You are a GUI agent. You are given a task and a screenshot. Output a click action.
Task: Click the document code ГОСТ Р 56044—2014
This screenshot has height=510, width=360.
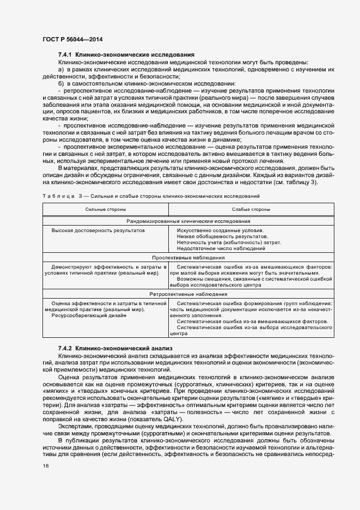[x=72, y=39]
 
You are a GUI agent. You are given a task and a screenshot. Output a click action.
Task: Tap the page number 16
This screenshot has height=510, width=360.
[x=45, y=465]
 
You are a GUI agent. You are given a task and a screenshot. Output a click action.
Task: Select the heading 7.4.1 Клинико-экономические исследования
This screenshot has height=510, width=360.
[x=126, y=55]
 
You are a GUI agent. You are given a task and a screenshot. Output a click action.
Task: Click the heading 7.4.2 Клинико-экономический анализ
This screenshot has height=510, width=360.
[x=115, y=347]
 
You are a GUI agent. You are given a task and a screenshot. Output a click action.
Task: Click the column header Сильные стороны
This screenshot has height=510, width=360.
[x=106, y=209]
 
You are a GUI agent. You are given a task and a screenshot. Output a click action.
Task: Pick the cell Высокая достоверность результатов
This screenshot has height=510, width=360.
[x=98, y=230]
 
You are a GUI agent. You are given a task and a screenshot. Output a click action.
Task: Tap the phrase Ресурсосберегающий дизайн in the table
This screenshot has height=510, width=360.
[x=89, y=315]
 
